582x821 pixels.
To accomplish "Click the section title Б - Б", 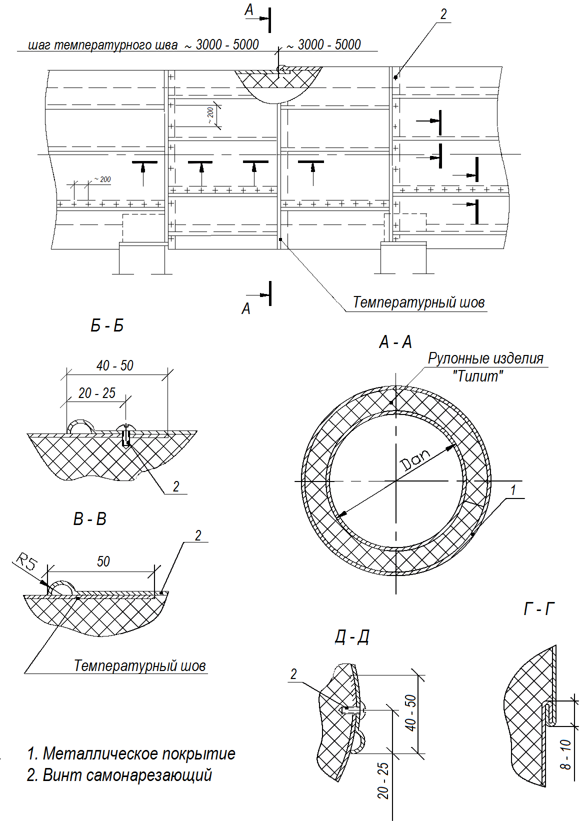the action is pyautogui.click(x=107, y=325).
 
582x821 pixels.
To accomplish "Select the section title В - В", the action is pyautogui.click(x=90, y=519).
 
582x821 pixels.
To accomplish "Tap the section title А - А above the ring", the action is pyautogui.click(x=395, y=342).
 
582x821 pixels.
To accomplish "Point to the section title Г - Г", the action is pyautogui.click(x=539, y=609).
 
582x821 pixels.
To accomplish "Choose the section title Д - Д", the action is pyautogui.click(x=352, y=637).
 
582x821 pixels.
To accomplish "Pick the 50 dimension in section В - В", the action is pyautogui.click(x=103, y=561).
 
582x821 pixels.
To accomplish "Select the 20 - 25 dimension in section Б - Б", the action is pyautogui.click(x=97, y=393).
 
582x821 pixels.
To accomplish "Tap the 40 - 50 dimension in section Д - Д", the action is pyautogui.click(x=411, y=712).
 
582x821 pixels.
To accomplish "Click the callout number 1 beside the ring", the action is pyautogui.click(x=513, y=490).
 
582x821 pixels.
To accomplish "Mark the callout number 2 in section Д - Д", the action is pyautogui.click(x=293, y=674).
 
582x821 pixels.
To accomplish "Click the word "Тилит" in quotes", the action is pyautogui.click(x=478, y=376).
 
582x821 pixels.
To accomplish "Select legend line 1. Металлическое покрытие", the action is pyautogui.click(x=131, y=754).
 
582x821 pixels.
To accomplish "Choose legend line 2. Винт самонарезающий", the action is pyautogui.click(x=119, y=775).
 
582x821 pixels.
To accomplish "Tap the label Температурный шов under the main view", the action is pyautogui.click(x=419, y=302).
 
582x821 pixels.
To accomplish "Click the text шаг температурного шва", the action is pyautogui.click(x=103, y=45).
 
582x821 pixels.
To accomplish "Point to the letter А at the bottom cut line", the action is pyautogui.click(x=246, y=308).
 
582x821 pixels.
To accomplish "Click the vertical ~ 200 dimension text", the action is pyautogui.click(x=210, y=115).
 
